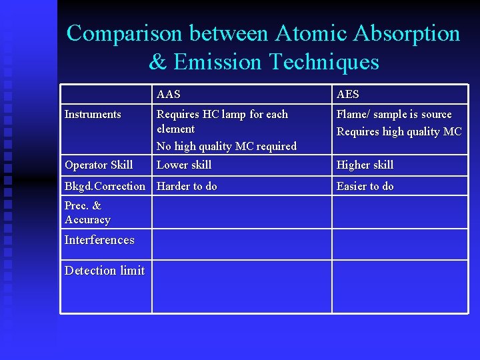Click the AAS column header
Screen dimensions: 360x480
coord(168,95)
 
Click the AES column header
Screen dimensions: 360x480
coord(347,95)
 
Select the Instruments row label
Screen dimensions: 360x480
coord(93,115)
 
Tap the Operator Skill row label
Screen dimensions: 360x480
coord(99,165)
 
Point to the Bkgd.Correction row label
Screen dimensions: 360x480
coord(105,186)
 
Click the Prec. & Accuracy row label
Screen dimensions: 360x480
coord(87,213)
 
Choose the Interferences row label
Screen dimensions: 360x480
coord(99,240)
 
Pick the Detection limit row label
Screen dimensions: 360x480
coord(105,271)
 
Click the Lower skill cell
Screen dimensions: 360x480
coord(184,165)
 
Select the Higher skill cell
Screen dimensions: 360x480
coord(365,165)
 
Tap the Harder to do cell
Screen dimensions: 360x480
coord(187,186)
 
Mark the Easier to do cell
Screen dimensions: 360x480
coord(365,186)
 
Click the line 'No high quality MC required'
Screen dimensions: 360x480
coord(227,146)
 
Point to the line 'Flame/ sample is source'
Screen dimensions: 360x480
coord(394,115)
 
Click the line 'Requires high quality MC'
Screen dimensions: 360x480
coord(399,131)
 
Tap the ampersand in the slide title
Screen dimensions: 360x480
coord(157,62)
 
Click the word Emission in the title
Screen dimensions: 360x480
coord(217,62)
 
